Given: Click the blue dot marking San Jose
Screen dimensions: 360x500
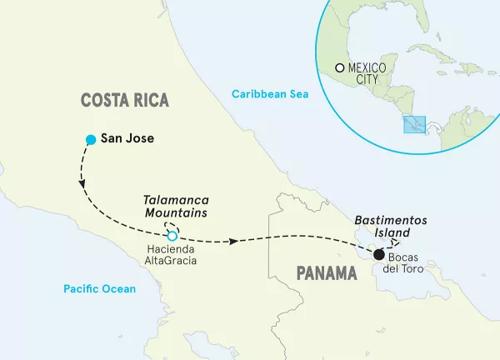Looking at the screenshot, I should pos(90,139).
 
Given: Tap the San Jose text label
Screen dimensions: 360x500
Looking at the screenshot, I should pos(127,139).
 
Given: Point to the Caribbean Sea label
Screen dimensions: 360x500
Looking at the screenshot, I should pos(270,94).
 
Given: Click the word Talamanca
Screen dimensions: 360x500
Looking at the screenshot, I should pos(176,200).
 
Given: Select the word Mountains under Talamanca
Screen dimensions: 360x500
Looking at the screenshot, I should pos(176,213).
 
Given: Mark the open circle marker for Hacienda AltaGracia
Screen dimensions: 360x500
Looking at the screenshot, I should pos(174,236).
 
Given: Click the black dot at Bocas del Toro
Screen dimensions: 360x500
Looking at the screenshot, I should pos(378,255).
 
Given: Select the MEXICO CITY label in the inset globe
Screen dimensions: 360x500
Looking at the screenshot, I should pos(368,72).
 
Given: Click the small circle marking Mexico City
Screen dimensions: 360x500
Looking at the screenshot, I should pos(339,67).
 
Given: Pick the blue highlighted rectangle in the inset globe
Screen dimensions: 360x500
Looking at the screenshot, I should pos(415,124).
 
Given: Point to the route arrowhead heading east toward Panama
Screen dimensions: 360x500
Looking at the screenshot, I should pos(235,241).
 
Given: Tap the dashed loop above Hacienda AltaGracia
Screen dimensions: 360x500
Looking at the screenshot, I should pos(172,226).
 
